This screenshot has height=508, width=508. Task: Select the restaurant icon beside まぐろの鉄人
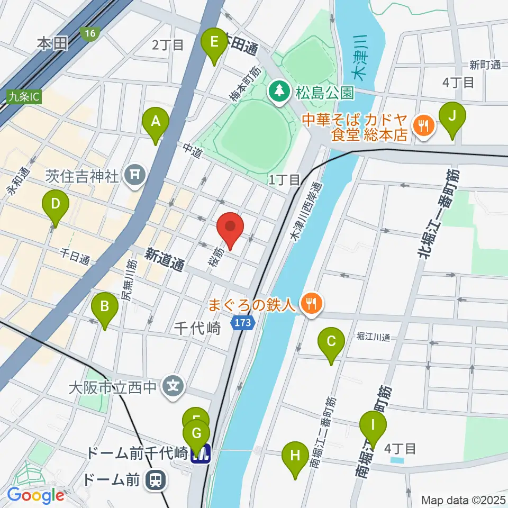pos(310,304)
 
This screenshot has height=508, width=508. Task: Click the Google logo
pos(36,495)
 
